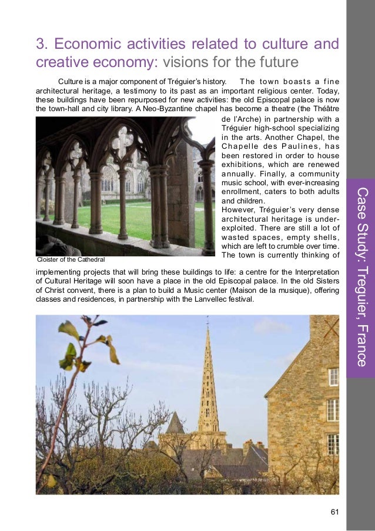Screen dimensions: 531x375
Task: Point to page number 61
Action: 335,512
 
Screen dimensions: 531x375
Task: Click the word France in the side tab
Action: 361,345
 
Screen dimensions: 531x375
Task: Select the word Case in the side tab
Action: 361,203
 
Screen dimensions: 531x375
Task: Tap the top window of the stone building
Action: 333,377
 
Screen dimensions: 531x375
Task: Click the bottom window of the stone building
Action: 333,444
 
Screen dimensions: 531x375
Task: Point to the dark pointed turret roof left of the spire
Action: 175,424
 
